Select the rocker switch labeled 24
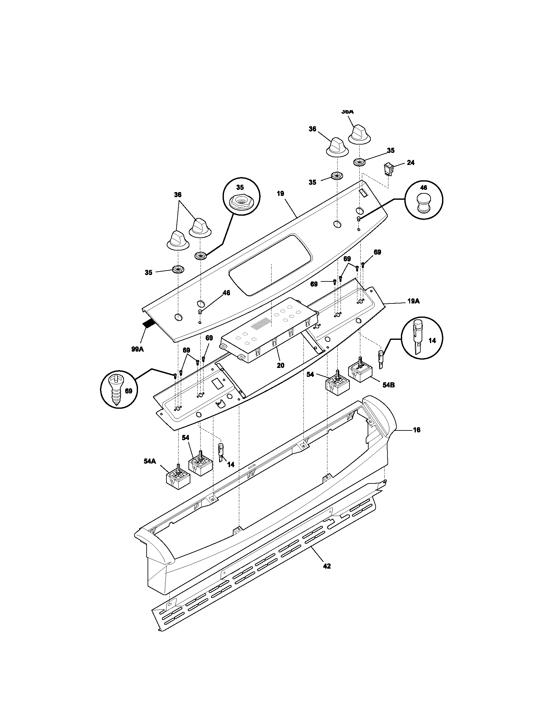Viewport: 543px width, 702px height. point(388,169)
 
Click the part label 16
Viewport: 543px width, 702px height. point(416,430)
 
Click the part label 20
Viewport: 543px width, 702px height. point(280,365)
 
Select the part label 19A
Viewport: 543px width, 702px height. point(413,301)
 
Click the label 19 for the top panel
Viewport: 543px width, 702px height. point(280,193)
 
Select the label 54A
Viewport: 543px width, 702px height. point(150,461)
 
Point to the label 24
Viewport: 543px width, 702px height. point(410,163)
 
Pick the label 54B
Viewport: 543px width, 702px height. point(389,385)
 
